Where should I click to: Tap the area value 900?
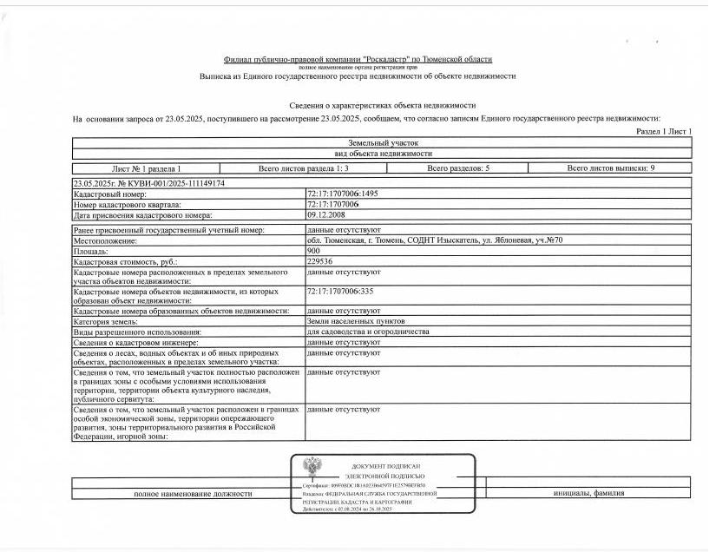(313, 250)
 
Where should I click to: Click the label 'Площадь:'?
(92, 250)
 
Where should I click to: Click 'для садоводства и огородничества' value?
(368, 332)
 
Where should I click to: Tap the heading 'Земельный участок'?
(383, 142)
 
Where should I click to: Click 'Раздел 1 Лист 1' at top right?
(663, 131)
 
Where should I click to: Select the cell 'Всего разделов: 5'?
(458, 168)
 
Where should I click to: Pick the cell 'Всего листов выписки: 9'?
(610, 168)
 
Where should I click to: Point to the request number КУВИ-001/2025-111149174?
(150, 183)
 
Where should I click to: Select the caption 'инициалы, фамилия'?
(588, 493)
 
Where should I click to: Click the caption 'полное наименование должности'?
(192, 493)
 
